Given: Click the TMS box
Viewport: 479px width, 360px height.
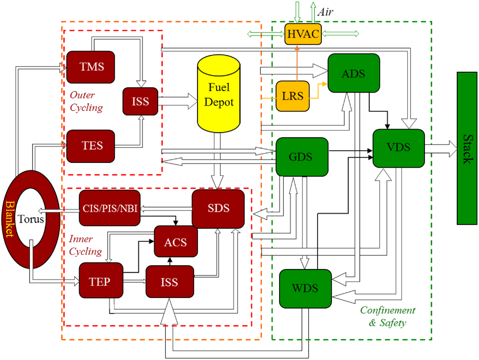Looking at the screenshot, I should point(91,67).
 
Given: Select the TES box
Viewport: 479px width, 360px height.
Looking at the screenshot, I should point(91,146).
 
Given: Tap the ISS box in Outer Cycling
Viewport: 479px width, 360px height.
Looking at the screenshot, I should point(140,101).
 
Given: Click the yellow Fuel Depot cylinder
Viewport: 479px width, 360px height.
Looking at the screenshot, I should point(219,96).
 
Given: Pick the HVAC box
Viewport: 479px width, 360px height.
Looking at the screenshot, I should point(303,34).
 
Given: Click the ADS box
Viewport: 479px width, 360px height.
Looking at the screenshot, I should point(354,74).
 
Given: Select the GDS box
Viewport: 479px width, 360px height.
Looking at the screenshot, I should point(302,157).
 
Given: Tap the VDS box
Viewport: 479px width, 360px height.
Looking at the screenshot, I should point(399,147).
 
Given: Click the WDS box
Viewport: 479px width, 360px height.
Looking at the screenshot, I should point(306,289).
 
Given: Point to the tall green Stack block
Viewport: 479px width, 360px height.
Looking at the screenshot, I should point(466,148).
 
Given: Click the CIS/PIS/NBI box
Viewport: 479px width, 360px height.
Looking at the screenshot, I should point(109,208).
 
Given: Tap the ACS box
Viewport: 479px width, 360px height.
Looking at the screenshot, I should point(175,241).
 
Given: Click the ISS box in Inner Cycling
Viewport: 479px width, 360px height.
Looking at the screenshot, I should point(170,281).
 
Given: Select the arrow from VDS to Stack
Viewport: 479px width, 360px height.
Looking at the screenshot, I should point(440,148).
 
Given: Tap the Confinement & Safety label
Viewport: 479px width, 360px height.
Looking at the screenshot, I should point(387,317).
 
